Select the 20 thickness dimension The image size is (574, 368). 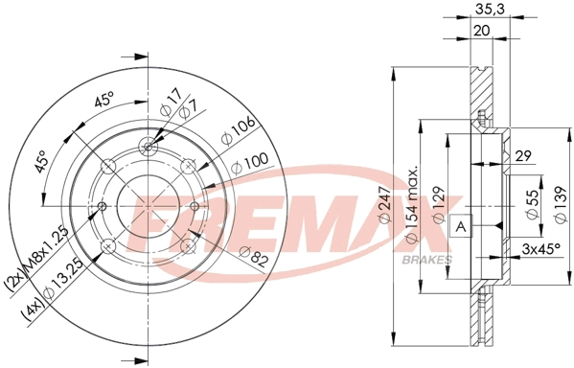click(x=481, y=31)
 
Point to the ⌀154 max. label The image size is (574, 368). click(x=411, y=205)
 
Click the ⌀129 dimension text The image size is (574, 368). click(x=439, y=204)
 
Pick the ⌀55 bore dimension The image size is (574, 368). click(x=533, y=204)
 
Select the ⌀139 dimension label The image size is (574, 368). click(x=560, y=204)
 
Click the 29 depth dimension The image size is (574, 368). click(x=523, y=155)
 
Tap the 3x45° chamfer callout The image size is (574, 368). click(x=540, y=249)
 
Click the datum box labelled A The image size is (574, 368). click(x=461, y=226)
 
